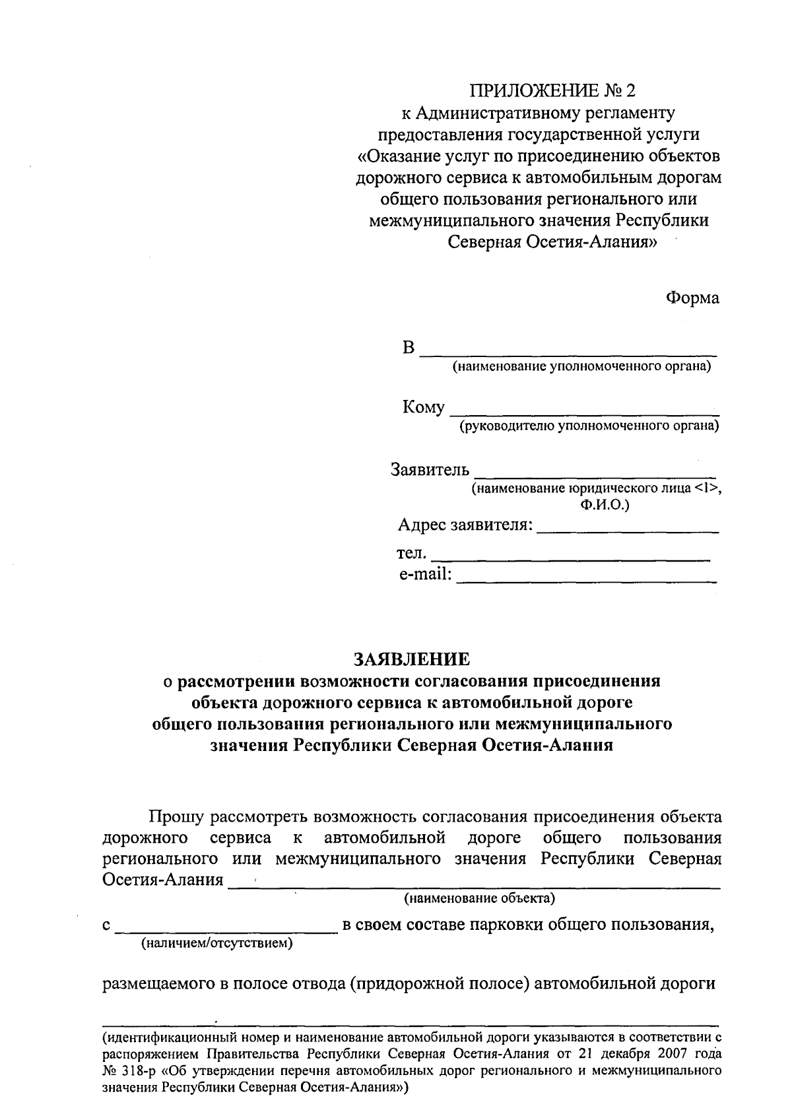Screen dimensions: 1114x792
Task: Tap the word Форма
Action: pos(692,298)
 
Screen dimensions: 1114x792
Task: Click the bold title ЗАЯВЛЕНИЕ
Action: pos(412,659)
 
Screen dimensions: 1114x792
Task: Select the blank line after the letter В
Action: pos(568,352)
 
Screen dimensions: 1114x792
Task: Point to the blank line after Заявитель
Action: pos(595,474)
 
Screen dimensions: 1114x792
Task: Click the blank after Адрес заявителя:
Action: pos(628,530)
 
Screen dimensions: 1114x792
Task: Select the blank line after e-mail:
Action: pos(587,580)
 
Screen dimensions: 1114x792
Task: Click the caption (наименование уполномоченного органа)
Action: pos(581,367)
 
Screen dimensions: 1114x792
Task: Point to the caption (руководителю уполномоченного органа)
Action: pos(589,426)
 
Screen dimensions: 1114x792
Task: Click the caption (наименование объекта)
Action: pos(480,898)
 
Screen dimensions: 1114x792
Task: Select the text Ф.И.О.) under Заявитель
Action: pos(605,506)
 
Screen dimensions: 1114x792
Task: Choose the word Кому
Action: pos(423,408)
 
